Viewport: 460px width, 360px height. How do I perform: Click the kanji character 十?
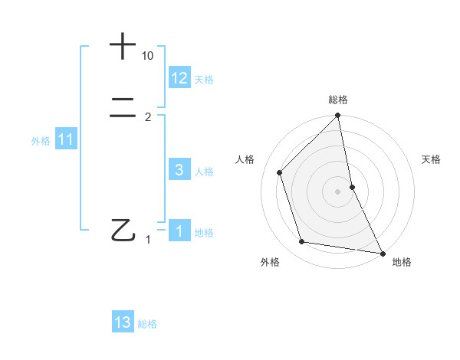tap(123, 46)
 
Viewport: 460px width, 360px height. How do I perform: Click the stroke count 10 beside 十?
tap(148, 57)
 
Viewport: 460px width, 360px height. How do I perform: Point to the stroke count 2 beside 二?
tap(148, 117)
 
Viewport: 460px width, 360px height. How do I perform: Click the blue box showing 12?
tap(179, 78)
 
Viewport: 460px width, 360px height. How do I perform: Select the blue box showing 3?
tap(179, 170)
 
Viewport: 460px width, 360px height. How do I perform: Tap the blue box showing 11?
tap(66, 139)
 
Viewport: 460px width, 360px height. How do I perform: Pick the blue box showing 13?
tap(123, 322)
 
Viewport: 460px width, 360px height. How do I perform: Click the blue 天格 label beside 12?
tap(204, 80)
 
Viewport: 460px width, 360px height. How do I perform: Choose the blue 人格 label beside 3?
tap(204, 172)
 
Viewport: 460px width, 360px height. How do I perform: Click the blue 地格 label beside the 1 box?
tap(204, 233)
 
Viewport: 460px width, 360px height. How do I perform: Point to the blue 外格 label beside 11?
tap(41, 141)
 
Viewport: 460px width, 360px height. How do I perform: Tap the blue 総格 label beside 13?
tap(147, 324)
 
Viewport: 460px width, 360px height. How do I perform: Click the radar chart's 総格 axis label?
tap(338, 100)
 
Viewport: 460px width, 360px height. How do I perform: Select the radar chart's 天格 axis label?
tap(431, 159)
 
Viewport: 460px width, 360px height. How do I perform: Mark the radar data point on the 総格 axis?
tap(338, 116)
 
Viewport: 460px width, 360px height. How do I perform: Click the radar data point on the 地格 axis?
tap(382, 252)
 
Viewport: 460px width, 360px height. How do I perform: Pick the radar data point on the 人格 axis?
tap(280, 172)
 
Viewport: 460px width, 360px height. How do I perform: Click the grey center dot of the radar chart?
tap(338, 191)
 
